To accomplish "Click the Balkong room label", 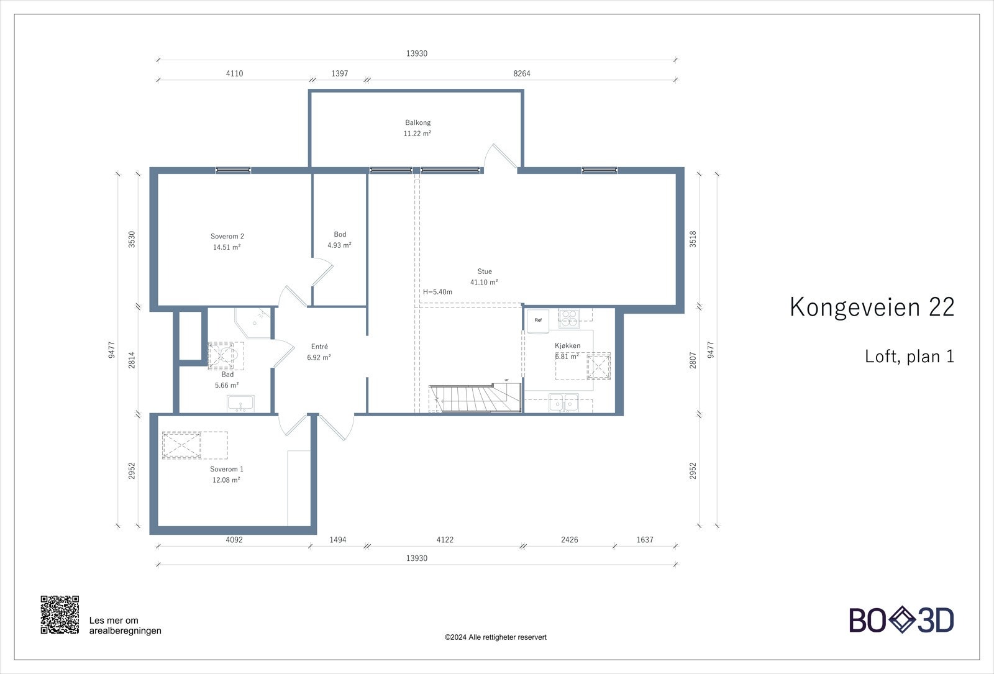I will pos(417,122).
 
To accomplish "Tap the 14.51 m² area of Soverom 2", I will pos(227,247).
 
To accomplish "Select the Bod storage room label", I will pos(340,234).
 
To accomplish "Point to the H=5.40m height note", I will pos(437,292).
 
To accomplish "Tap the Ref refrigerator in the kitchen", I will pos(538,321).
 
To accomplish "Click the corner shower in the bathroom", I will pos(253,322).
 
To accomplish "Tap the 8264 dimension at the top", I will pos(522,73).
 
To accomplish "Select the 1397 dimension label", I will pos(339,73).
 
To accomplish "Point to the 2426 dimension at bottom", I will pos(569,540).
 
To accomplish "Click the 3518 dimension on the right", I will pos(693,239).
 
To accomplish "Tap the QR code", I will pos(60,614).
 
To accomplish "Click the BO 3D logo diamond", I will pos(901,620).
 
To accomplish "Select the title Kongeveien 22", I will pos(871,307).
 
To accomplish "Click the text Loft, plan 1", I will pos(909,357).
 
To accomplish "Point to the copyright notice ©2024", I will pos(495,637).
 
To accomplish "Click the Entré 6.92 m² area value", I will pos(319,358).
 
